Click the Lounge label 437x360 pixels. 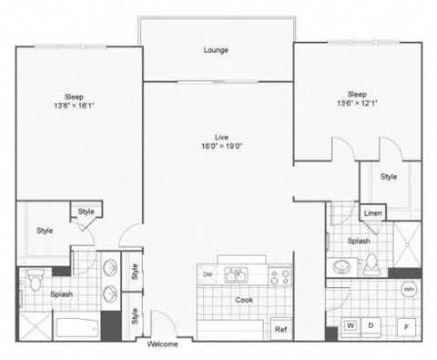pyautogui.click(x=216, y=49)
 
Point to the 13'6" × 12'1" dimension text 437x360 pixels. pyautogui.click(x=356, y=102)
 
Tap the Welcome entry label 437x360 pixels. pyautogui.click(x=163, y=345)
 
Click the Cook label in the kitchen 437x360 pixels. pyautogui.click(x=245, y=299)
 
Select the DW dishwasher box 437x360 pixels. pyautogui.click(x=208, y=274)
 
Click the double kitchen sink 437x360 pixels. pyautogui.click(x=236, y=273)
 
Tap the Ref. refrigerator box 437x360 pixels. pyautogui.click(x=281, y=328)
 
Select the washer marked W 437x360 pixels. pyautogui.click(x=350, y=325)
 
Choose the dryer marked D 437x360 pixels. pyautogui.click(x=371, y=325)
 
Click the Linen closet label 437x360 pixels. pyautogui.click(x=372, y=213)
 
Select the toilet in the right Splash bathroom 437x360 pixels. pyautogui.click(x=371, y=265)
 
